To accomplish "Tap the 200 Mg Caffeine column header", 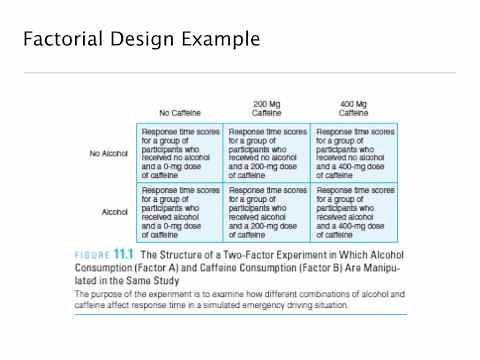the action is pyautogui.click(x=266, y=108).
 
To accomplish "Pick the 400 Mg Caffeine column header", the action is pyautogui.click(x=354, y=108).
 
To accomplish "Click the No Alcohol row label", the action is pyautogui.click(x=108, y=153).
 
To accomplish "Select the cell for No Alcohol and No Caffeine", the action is pyautogui.click(x=180, y=153).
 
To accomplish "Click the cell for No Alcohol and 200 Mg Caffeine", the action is pyautogui.click(x=267, y=153).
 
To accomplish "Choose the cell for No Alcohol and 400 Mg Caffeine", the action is pyautogui.click(x=354, y=153).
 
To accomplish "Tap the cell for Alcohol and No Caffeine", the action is pyautogui.click(x=180, y=212).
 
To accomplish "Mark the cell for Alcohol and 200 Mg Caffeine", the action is pyautogui.click(x=267, y=212).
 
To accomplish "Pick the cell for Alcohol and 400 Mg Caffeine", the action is pyautogui.click(x=354, y=212).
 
